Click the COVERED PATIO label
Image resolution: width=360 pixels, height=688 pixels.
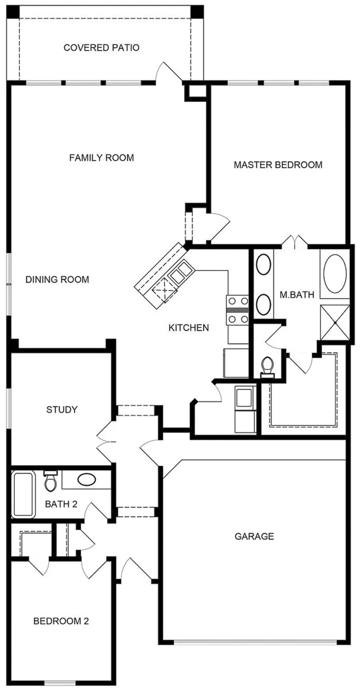tap(101, 48)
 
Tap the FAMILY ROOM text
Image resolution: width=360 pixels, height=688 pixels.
tap(101, 158)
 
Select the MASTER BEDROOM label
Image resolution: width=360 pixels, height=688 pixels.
tap(278, 165)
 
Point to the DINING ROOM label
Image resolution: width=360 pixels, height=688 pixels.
tap(57, 280)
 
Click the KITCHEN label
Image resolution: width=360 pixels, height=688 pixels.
tap(188, 328)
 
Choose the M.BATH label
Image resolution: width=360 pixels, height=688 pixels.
tap(296, 295)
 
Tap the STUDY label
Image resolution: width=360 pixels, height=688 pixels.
tap(62, 410)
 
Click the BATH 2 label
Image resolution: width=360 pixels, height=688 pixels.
tap(61, 504)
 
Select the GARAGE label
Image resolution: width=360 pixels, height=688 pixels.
tap(254, 536)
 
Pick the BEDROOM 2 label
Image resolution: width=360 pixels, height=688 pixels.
tap(61, 621)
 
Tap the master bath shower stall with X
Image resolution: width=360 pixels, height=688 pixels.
tap(334, 322)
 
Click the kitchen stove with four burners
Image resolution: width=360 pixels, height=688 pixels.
tap(237, 310)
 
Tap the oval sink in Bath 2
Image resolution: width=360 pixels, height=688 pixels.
tap(87, 479)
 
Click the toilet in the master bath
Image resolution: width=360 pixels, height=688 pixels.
tap(267, 366)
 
